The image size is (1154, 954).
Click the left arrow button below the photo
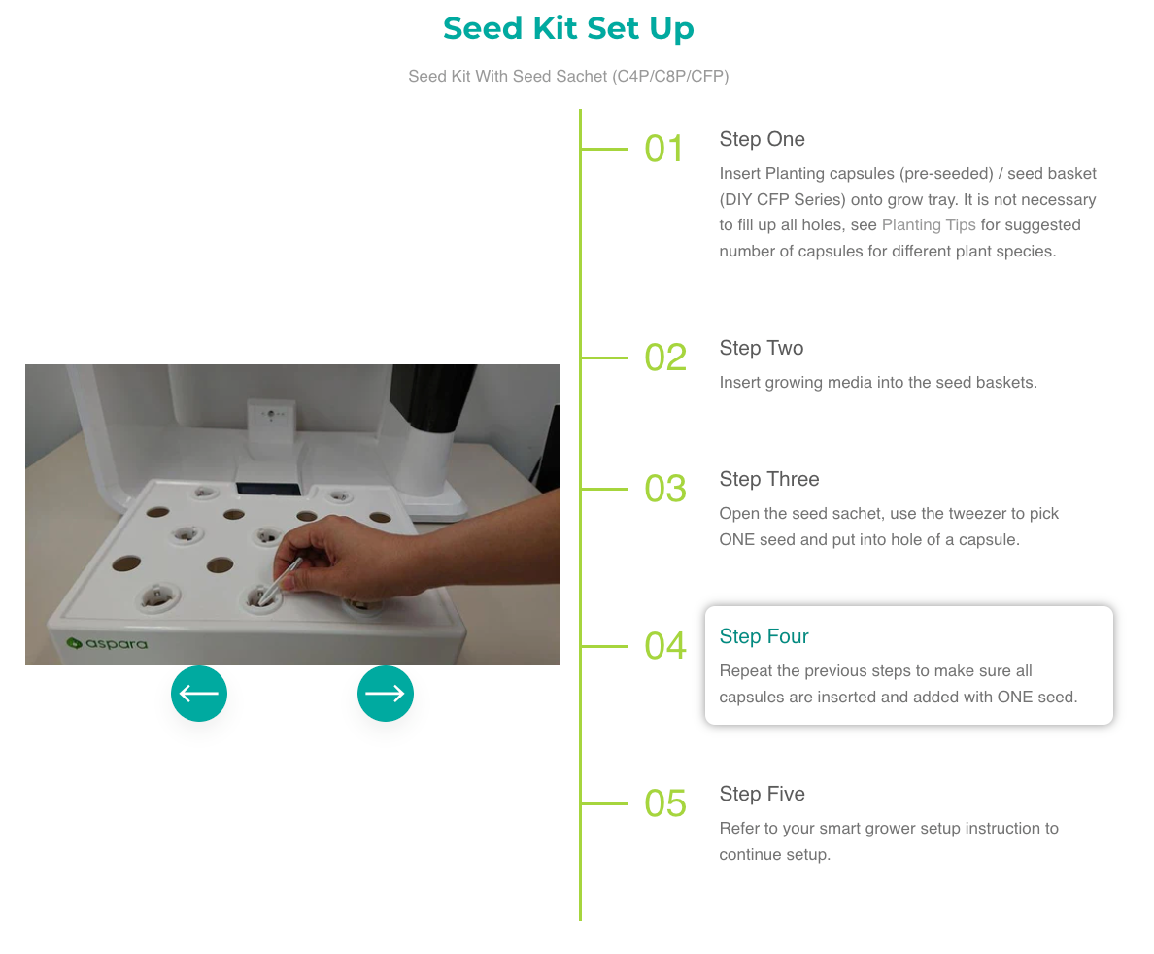[x=199, y=694]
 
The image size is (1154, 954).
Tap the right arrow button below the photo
[x=385, y=694]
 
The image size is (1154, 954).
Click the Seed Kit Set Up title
[x=568, y=28]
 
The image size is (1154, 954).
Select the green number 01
[x=663, y=149]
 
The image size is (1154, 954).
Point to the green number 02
[x=665, y=358]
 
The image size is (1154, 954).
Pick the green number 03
[x=665, y=489]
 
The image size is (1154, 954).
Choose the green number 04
[x=665, y=646]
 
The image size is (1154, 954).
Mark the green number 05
[x=665, y=803]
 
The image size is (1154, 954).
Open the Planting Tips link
[x=929, y=225]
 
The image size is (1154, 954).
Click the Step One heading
[x=762, y=139]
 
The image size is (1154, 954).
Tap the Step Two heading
[x=761, y=348]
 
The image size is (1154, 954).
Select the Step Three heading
[x=769, y=479]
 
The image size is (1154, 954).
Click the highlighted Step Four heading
[x=764, y=636]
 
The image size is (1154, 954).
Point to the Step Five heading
[x=762, y=795]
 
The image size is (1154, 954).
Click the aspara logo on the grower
[x=108, y=643]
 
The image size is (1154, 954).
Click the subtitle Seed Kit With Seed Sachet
[x=568, y=77]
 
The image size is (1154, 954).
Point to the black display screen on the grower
[x=268, y=489]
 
